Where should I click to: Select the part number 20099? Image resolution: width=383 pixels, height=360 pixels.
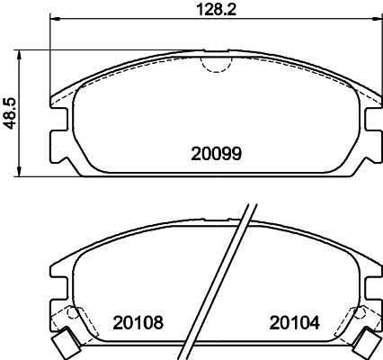point(217,154)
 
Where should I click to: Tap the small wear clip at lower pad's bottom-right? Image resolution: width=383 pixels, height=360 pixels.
point(368,343)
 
